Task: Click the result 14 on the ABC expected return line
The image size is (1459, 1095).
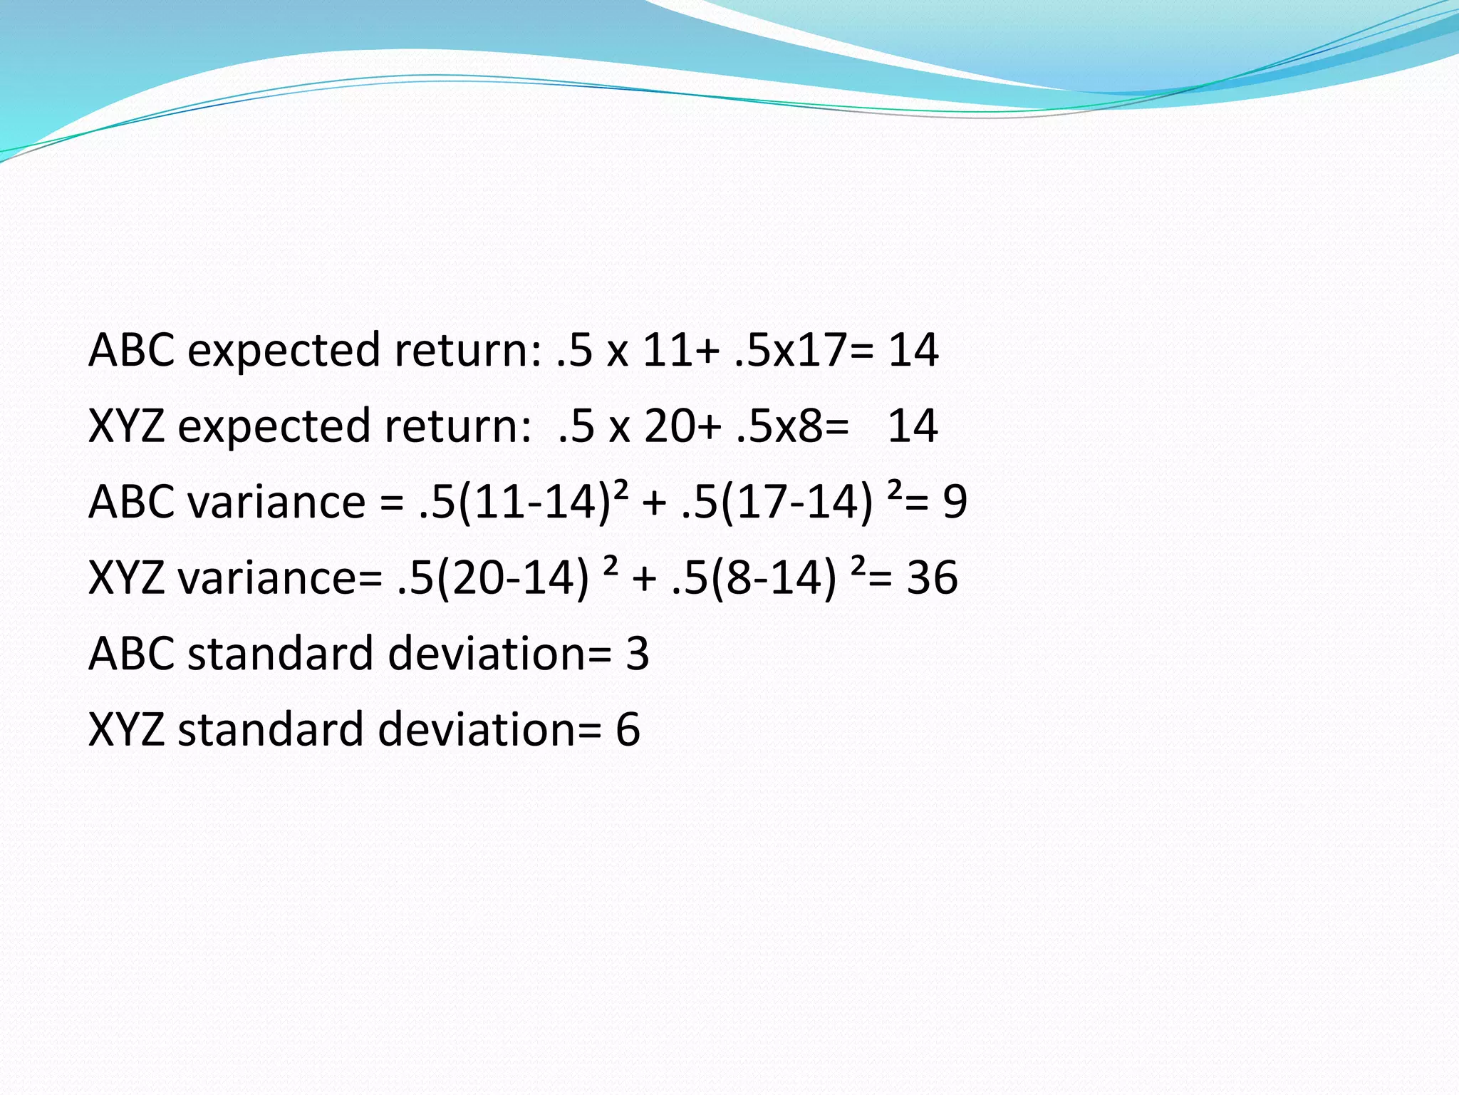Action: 913,350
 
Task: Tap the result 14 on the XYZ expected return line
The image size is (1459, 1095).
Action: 913,426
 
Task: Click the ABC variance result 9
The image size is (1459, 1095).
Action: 955,501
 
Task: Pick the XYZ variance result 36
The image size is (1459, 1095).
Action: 932,577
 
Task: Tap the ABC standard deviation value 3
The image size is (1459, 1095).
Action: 638,653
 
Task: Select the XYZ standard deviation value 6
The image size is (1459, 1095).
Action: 628,729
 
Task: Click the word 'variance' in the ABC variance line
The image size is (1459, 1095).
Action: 276,501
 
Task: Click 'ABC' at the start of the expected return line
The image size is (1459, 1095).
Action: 131,350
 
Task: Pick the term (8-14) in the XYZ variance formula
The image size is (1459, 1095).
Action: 774,577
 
